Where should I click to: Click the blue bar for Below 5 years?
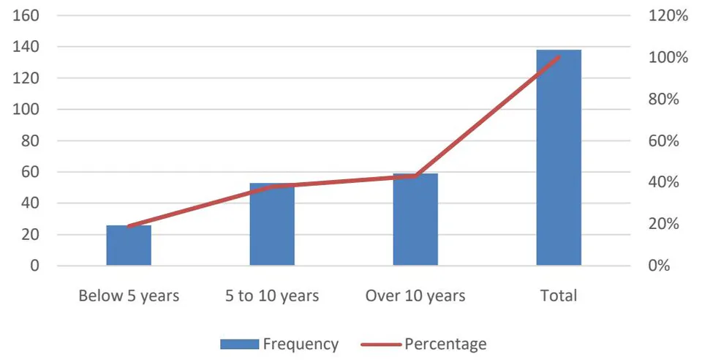coord(129,245)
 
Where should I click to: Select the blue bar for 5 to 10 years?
coord(272,225)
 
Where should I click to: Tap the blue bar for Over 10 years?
coord(415,220)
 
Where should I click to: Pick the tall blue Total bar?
coord(559,157)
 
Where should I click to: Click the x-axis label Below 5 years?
coord(129,296)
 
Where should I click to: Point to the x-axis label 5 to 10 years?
coord(272,296)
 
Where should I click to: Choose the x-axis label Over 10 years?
coord(415,296)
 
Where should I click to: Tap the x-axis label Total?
coord(559,296)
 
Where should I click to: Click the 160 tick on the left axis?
coord(26,15)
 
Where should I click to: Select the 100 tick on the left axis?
coord(26,109)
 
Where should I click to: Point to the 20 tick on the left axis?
coord(31,235)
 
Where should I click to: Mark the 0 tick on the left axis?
coord(35,266)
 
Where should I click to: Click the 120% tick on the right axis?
coord(668,15)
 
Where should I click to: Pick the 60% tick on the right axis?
coord(663,140)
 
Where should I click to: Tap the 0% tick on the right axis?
coord(659,266)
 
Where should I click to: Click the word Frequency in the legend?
coord(301,344)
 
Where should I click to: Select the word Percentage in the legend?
coord(445,344)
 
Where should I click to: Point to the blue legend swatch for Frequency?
coord(240,344)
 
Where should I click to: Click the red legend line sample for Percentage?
coord(381,344)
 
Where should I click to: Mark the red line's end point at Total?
coord(559,57)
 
